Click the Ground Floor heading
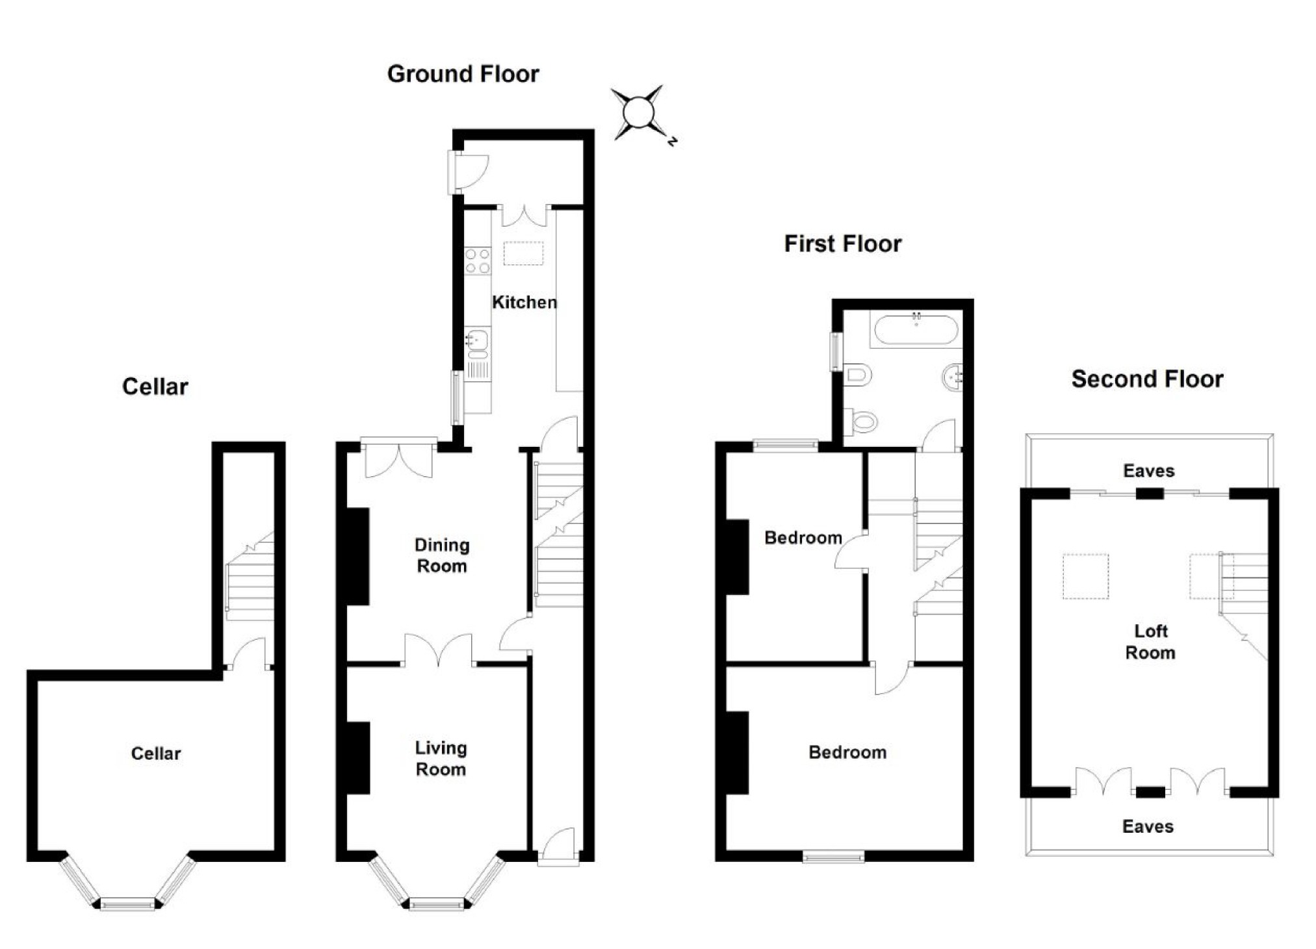[x=463, y=74]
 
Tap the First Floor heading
[x=842, y=244]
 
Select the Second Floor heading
[x=1147, y=379]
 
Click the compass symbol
[x=638, y=113]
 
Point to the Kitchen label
[x=524, y=302]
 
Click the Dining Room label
[x=441, y=555]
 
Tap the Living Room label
[x=441, y=759]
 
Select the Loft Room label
[x=1150, y=642]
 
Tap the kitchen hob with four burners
[x=478, y=260]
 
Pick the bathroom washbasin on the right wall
[x=952, y=376]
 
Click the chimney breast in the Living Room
[x=357, y=757]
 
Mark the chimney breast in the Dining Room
[x=357, y=556]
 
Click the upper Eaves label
[x=1148, y=471]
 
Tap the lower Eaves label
[x=1148, y=826]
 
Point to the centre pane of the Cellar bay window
[x=127, y=904]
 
